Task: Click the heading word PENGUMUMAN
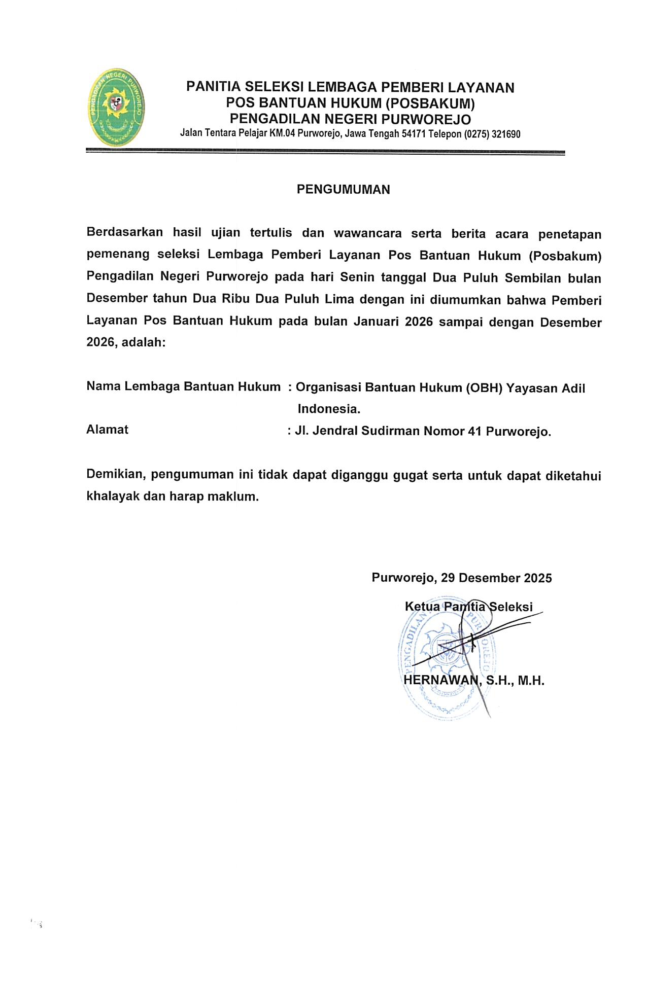[x=343, y=190]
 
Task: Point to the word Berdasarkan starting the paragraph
[x=124, y=233]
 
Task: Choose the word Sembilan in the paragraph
[x=534, y=278]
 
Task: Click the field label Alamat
[x=107, y=430]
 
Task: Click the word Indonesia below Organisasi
[x=328, y=409]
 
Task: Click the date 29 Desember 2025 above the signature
[x=496, y=578]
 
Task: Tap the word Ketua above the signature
[x=422, y=607]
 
